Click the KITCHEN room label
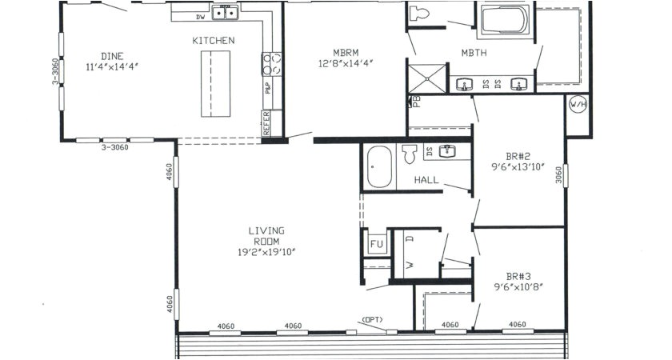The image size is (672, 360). click(x=213, y=40)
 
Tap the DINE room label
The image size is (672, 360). click(x=112, y=55)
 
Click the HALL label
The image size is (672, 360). click(x=426, y=180)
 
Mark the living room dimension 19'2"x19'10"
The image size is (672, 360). click(x=266, y=253)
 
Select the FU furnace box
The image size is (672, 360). click(x=376, y=244)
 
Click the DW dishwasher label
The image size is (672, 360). click(x=199, y=16)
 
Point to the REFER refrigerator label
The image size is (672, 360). click(x=266, y=124)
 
